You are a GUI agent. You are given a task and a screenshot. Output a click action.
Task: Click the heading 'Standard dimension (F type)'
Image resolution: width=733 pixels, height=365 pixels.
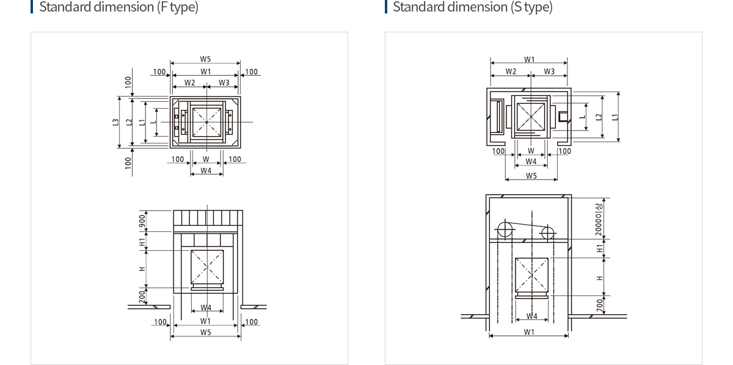[119, 7]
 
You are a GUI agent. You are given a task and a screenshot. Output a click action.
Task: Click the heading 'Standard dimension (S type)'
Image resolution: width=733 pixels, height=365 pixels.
[473, 7]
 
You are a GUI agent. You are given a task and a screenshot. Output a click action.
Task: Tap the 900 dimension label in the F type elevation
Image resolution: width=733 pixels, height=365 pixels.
[142, 221]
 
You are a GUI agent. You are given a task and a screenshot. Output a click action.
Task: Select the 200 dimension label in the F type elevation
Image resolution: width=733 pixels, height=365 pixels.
[142, 297]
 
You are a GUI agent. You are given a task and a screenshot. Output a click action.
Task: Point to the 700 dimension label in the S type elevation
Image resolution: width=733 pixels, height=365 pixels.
[599, 305]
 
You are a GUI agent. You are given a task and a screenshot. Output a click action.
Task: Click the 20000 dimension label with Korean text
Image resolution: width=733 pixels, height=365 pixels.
[599, 220]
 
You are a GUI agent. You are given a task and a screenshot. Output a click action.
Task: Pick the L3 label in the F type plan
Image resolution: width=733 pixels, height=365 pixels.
[115, 122]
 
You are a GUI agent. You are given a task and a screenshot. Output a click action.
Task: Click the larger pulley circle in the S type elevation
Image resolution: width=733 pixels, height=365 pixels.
[505, 229]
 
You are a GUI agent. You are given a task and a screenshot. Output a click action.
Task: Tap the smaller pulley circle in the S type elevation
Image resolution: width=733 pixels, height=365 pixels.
[547, 233]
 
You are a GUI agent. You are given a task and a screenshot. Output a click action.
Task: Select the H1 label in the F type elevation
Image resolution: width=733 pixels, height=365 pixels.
[142, 242]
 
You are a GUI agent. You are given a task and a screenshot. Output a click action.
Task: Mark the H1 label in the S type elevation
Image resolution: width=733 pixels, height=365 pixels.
[599, 248]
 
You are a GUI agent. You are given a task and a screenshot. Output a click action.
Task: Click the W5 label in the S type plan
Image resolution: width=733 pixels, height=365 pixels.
[531, 176]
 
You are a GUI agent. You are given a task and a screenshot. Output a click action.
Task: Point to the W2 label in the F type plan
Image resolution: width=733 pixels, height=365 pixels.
[190, 83]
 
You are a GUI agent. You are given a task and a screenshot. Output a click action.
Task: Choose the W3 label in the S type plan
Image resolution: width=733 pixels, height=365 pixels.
[549, 71]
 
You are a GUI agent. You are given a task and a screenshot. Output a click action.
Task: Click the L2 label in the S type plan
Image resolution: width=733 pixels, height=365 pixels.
[599, 117]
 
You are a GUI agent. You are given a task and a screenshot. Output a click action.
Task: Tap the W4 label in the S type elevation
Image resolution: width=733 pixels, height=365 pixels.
[532, 316]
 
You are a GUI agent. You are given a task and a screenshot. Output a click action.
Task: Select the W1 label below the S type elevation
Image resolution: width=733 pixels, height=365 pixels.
[529, 332]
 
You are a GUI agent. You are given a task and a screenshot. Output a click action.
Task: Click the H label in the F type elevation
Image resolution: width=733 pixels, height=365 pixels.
[142, 269]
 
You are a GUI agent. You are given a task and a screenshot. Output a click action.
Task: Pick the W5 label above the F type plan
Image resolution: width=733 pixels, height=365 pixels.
[205, 59]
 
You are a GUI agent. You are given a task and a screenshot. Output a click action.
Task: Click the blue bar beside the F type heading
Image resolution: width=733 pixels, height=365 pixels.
[32, 7]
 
